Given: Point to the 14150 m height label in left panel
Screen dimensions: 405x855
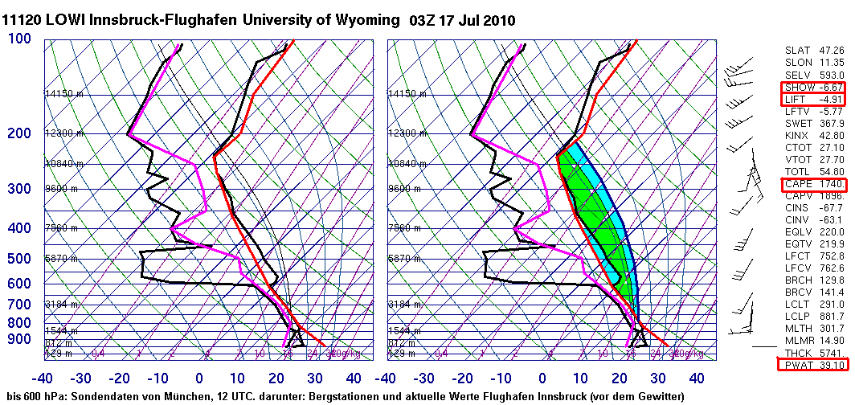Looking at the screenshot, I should click(63, 94).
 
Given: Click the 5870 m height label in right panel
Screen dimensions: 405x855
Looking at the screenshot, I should click(407, 259).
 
